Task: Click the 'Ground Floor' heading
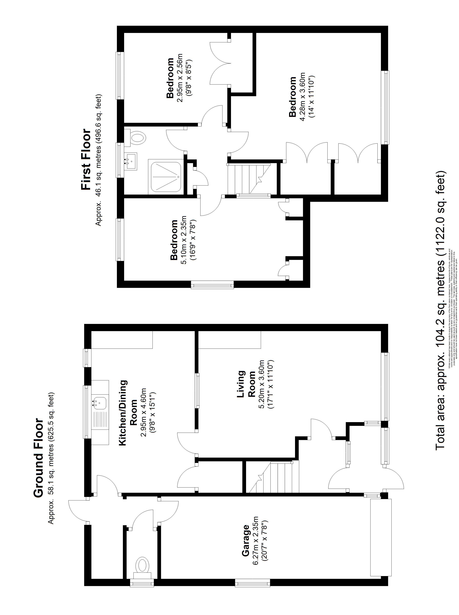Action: tap(39, 457)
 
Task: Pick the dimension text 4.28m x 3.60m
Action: tap(302, 97)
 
